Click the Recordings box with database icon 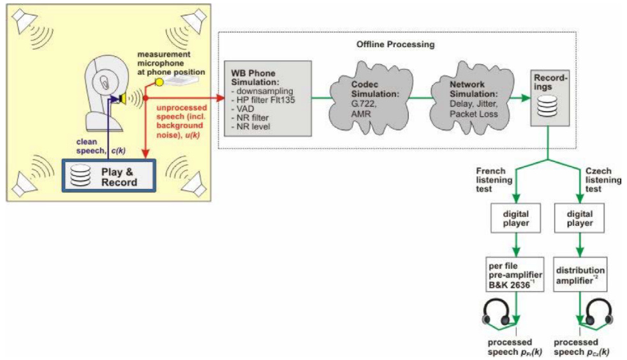click(x=549, y=96)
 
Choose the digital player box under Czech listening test click(x=579, y=218)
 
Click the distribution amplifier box click(x=579, y=274)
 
